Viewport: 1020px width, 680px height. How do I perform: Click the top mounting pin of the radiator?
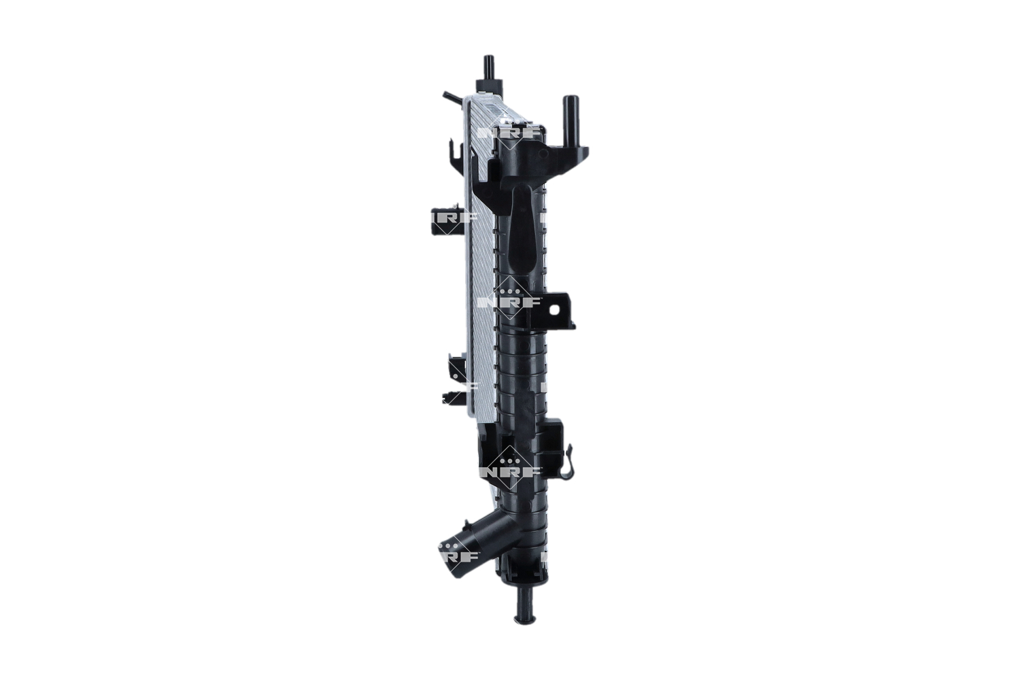[488, 67]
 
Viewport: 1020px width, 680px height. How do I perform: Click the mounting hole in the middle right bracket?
[554, 309]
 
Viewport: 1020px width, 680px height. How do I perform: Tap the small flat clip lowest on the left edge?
[451, 398]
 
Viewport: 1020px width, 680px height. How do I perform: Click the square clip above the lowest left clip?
[456, 369]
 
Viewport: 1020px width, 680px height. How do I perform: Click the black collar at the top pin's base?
[489, 84]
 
